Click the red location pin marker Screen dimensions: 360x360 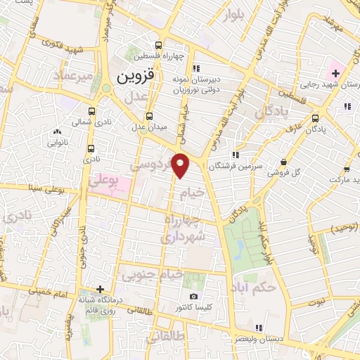(181, 165)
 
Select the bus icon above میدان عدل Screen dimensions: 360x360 (148, 116)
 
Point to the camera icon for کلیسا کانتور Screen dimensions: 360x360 (194, 296)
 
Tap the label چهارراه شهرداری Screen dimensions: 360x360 (185, 230)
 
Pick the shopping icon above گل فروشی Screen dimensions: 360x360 (283, 162)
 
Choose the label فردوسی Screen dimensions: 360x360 (152, 166)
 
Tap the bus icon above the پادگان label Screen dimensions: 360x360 (315, 118)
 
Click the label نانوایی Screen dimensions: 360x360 (57, 141)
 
